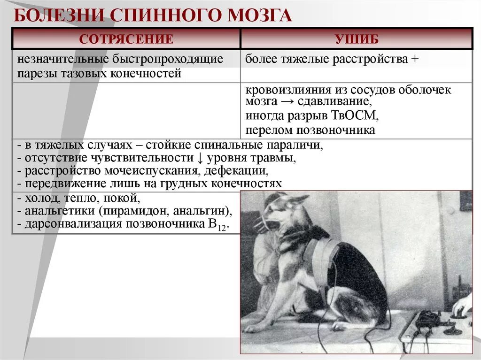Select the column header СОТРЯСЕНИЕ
point(126,39)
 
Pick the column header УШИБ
point(357,39)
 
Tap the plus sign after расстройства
point(414,60)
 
